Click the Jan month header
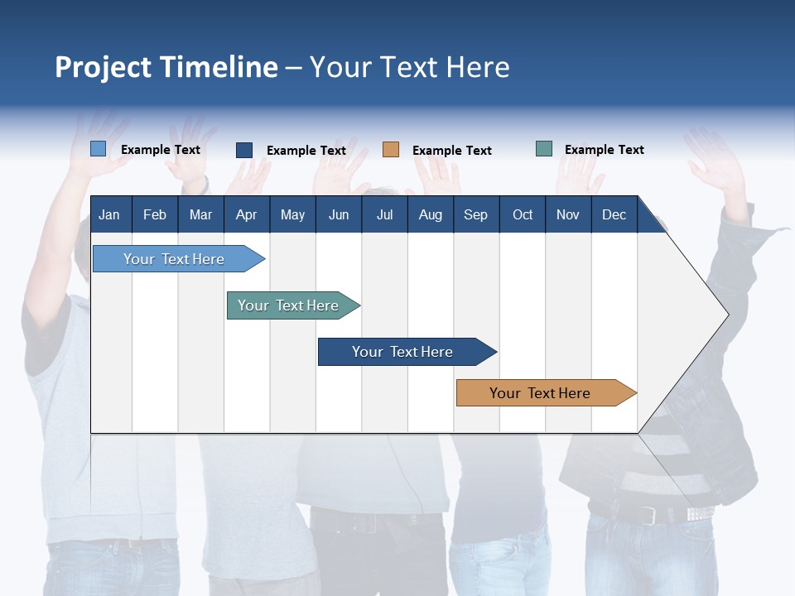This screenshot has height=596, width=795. pos(109,214)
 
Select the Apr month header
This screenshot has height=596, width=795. pos(246,214)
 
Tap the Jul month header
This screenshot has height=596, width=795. pos(384,214)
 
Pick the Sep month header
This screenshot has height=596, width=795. pos(475,214)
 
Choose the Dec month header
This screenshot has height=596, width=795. pos(614,214)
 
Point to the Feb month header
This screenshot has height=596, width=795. pos(155,214)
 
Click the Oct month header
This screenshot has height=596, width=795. pos(523,214)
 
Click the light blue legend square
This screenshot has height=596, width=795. pos(98,149)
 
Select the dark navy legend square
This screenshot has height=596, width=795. pos(244,150)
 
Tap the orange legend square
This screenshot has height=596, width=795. pos(391,150)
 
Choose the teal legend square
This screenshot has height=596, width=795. pos(544,149)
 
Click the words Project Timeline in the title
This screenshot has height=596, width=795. pos(166,67)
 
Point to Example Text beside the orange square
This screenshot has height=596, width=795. pos(451,151)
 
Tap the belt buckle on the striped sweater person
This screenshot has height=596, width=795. pos(648,515)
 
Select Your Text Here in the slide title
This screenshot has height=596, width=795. pos(410,67)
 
